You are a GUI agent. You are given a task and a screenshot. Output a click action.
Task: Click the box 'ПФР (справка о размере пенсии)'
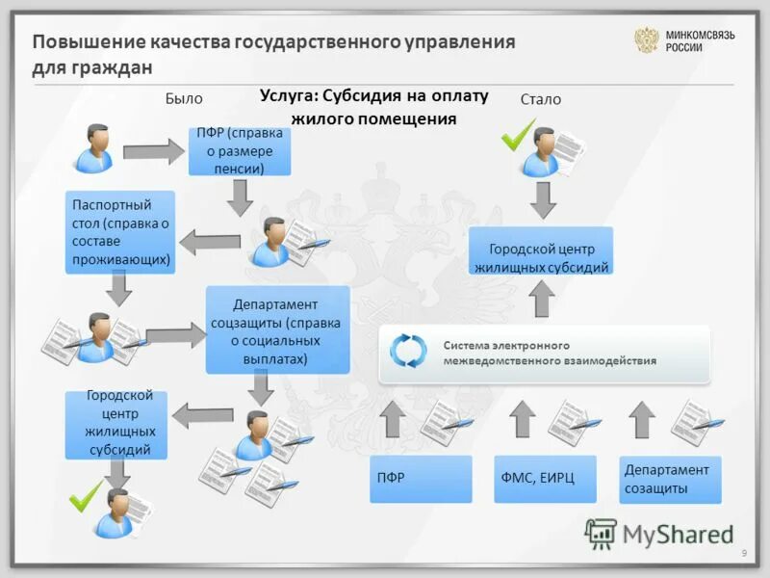[x=241, y=151]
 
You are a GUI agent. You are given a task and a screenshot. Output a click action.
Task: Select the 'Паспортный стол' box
[x=120, y=231]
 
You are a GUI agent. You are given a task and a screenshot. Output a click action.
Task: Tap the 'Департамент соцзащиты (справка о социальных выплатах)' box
[x=277, y=329]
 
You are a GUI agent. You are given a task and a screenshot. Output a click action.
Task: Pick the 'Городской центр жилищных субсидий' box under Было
[x=115, y=424]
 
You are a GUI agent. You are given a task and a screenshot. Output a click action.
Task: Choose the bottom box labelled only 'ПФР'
[x=421, y=479]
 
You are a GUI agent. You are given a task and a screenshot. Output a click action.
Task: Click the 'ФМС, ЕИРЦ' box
[x=545, y=479]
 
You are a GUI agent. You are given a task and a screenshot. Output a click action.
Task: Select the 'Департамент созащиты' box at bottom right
[x=670, y=479]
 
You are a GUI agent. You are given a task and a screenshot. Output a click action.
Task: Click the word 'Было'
[x=184, y=98]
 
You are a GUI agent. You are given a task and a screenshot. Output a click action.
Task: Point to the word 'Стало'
[x=540, y=99]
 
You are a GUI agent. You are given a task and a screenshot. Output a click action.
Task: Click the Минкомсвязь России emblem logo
[x=646, y=40]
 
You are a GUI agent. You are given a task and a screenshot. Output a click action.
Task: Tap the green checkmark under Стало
[x=518, y=134]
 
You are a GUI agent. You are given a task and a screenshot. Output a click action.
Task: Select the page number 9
[x=744, y=551]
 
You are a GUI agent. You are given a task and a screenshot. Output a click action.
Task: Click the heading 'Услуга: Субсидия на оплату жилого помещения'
[x=375, y=107]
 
